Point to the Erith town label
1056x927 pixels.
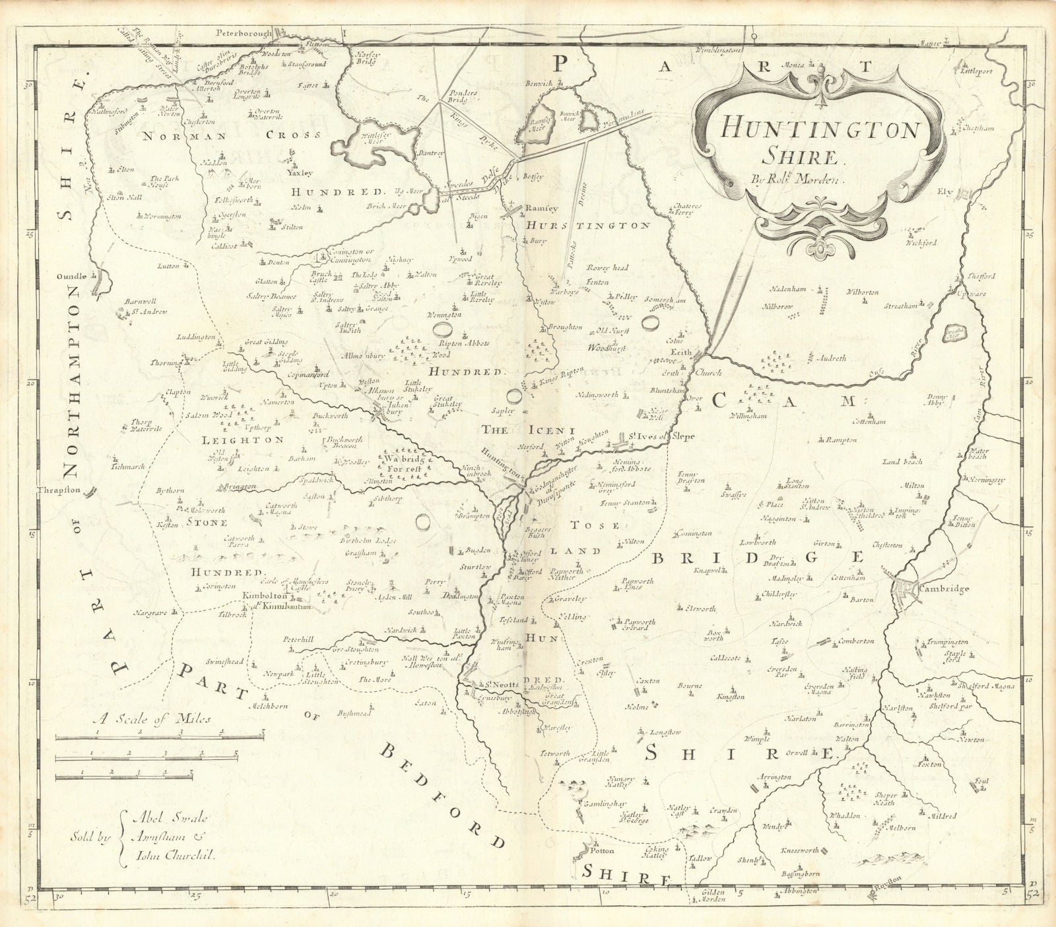(x=680, y=353)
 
